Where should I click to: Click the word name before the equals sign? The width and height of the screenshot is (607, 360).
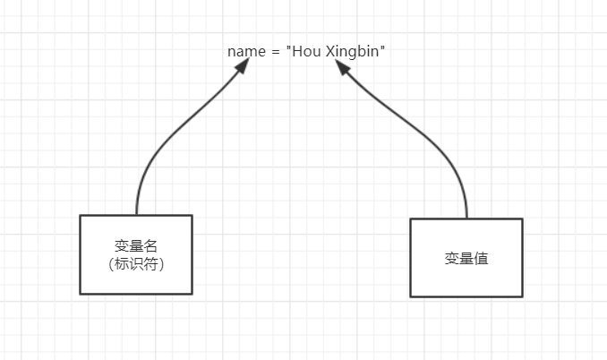(246, 51)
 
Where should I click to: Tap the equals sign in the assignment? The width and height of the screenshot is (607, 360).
(276, 51)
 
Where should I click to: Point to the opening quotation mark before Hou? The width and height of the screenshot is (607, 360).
(289, 48)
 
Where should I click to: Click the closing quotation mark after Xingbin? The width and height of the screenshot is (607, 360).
(383, 48)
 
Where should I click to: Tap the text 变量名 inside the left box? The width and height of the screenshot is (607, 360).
(136, 246)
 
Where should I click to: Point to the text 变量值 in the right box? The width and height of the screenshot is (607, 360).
(466, 258)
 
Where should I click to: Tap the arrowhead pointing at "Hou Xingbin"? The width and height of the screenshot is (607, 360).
(345, 70)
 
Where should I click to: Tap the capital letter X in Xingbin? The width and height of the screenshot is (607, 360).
(329, 51)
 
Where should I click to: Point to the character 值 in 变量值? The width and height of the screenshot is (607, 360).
(481, 258)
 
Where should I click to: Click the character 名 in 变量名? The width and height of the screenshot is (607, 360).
(150, 246)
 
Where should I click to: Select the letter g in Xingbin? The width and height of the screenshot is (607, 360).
(353, 53)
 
